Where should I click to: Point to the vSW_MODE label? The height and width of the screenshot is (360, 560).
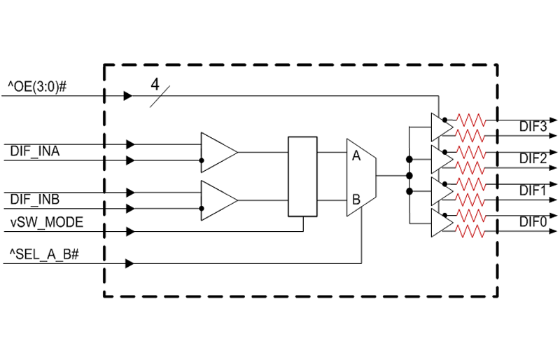45,223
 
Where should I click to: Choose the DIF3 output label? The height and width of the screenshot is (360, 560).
533,127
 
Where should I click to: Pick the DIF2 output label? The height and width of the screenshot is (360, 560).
533,158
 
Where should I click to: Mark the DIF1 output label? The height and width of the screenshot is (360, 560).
533,190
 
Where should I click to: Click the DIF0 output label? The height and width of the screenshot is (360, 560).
533,221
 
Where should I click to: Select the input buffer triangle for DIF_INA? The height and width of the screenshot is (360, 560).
216,152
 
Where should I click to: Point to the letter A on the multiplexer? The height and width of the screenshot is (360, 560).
356,156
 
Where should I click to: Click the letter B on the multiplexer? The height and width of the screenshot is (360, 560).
356,200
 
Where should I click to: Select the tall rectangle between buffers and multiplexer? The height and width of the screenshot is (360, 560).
302,176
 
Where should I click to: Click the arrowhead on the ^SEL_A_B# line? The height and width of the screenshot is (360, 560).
129,263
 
